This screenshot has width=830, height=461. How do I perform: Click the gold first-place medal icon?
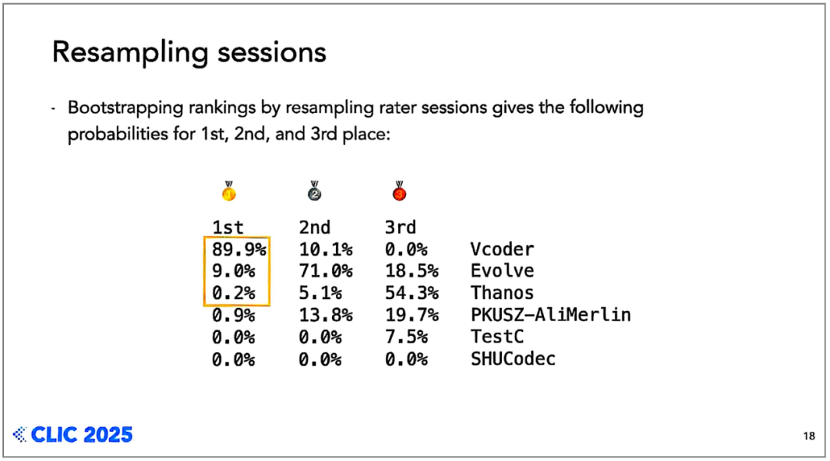229,191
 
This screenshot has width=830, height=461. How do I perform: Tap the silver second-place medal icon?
314,191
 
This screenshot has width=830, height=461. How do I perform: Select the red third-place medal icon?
400,191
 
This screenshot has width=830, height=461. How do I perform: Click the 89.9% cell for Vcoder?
239,249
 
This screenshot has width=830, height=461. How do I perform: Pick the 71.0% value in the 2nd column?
326,271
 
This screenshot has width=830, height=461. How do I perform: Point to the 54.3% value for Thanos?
411,293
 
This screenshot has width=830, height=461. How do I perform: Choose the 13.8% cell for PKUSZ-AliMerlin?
326,315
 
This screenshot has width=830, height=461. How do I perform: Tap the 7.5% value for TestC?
406,337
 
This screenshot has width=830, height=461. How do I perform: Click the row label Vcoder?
503,249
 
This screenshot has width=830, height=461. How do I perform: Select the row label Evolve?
503,271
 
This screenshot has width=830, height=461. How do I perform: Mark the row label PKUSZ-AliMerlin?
550,315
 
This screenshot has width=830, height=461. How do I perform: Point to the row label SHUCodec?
513,359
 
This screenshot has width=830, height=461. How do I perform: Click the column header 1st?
227,227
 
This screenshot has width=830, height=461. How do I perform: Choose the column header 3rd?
400,227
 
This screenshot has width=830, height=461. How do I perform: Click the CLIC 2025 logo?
73,435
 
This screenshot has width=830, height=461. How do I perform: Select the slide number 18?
808,436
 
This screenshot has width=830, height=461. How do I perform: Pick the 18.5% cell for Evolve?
411,271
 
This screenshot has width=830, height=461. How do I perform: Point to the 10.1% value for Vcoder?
326,249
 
